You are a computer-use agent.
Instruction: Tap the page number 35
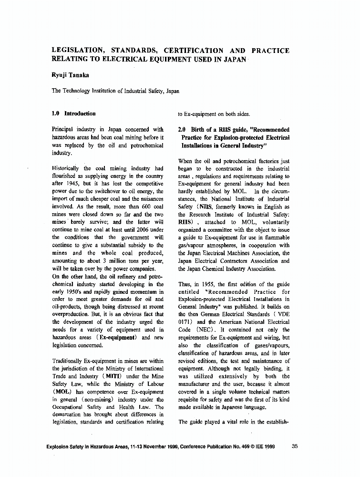[x=294, y=446]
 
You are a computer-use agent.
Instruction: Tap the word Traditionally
[x=69, y=361]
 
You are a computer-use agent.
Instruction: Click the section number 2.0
[x=182, y=129]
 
